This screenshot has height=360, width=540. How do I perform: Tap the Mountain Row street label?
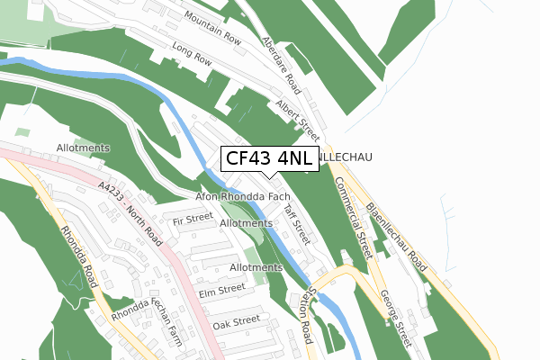[212, 26]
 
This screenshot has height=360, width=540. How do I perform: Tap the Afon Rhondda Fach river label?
[242, 196]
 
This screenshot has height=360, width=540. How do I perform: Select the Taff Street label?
[296, 224]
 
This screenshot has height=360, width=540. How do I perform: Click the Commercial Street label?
[353, 217]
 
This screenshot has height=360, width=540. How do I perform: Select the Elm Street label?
[221, 290]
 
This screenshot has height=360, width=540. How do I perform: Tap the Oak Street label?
[237, 320]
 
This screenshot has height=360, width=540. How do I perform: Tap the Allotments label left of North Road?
[83, 148]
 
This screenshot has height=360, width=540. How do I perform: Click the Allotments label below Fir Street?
[246, 222]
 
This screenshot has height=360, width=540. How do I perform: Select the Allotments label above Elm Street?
[256, 267]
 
